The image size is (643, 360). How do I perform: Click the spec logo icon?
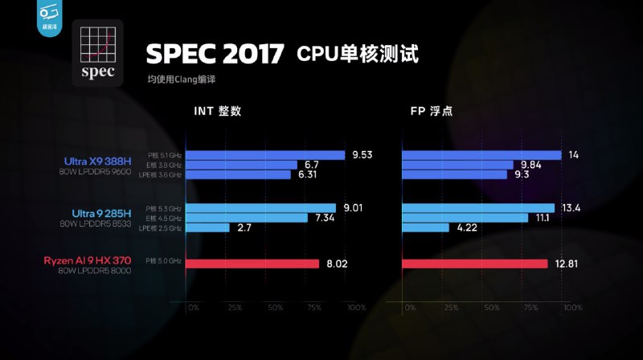pos(97,52)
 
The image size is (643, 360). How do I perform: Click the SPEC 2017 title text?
pos(215,54)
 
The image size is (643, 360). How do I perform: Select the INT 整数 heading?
pos(217,111)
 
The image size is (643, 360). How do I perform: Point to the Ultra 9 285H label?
pos(101,213)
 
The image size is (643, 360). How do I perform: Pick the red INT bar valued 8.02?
pos(253,263)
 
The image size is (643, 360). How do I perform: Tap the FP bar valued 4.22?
pos(425,227)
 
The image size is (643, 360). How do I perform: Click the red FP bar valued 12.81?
pos(474,263)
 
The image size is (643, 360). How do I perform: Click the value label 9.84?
pos(532,165)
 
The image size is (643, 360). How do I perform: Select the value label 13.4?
pos(571,208)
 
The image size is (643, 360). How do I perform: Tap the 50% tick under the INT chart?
pos(275,308)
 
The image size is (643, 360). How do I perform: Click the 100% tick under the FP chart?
pos(572,308)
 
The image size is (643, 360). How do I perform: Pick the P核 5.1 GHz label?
pos(165,155)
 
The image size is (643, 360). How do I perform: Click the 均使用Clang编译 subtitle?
pos(182,80)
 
